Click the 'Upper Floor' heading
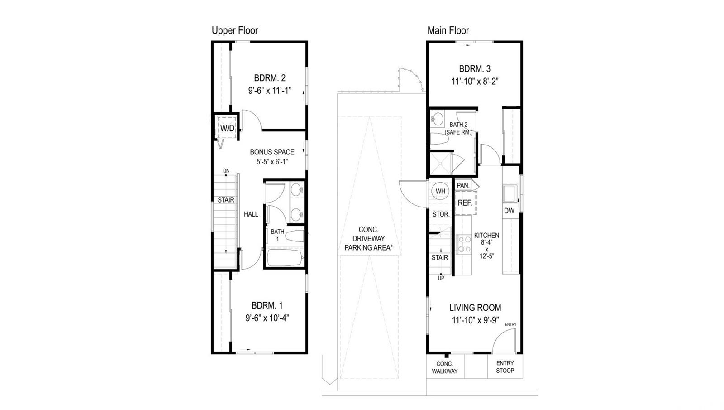pos(234,30)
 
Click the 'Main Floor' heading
pos(448,30)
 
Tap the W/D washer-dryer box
pos(227,128)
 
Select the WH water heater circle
pos(440,191)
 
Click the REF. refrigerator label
pos(465,203)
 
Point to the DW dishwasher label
pos(509,211)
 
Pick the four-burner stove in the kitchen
pos(463,244)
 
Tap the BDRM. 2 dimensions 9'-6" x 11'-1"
pos(269,91)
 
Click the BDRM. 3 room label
pos(475,69)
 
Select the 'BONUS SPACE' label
pos(272,152)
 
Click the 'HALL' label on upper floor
pos(251,214)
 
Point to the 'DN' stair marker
pos(226,171)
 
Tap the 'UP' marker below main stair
pos(441,278)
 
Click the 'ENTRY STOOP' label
pos(505,367)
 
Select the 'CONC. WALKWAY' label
pos(444,367)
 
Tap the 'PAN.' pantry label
pos(463,185)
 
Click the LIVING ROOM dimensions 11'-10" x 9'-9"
pos(475,320)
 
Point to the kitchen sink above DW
pos(510,193)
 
